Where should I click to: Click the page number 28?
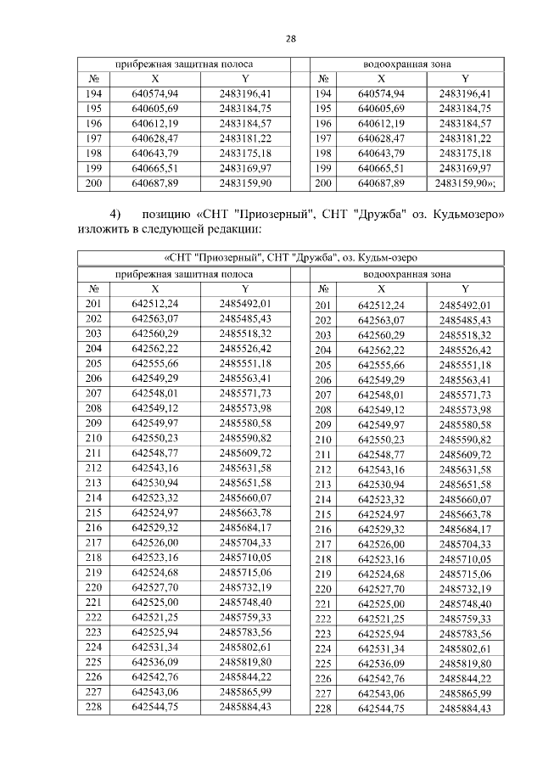[290, 39]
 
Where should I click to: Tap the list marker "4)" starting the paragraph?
[115, 212]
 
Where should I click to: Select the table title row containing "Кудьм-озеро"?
[290, 258]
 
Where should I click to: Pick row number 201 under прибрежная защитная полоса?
[93, 303]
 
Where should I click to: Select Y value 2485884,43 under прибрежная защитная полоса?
[245, 706]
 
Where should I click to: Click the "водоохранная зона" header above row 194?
[406, 64]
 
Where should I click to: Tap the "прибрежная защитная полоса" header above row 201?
[184, 273]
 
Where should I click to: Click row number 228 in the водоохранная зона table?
[322, 709]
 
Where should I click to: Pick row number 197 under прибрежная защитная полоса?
[93, 138]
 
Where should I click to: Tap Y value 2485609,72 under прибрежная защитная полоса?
[245, 453]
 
